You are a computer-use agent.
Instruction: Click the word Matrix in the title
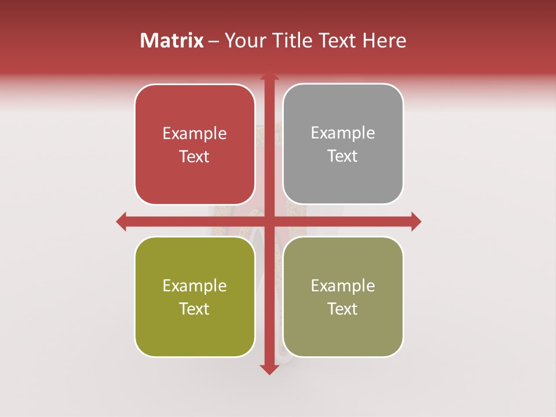click(172, 41)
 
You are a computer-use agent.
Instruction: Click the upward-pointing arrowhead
click(269, 76)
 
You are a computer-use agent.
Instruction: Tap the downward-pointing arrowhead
click(269, 369)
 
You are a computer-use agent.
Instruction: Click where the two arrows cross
click(269, 221)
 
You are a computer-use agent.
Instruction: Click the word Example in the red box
click(195, 134)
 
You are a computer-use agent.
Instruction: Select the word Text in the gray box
click(343, 156)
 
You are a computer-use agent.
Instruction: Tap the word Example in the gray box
click(343, 133)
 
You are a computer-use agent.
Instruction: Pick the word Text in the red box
click(195, 156)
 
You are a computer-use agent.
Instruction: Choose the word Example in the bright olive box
click(195, 286)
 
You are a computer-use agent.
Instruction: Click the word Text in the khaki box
click(343, 309)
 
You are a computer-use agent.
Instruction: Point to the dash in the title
click(214, 41)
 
